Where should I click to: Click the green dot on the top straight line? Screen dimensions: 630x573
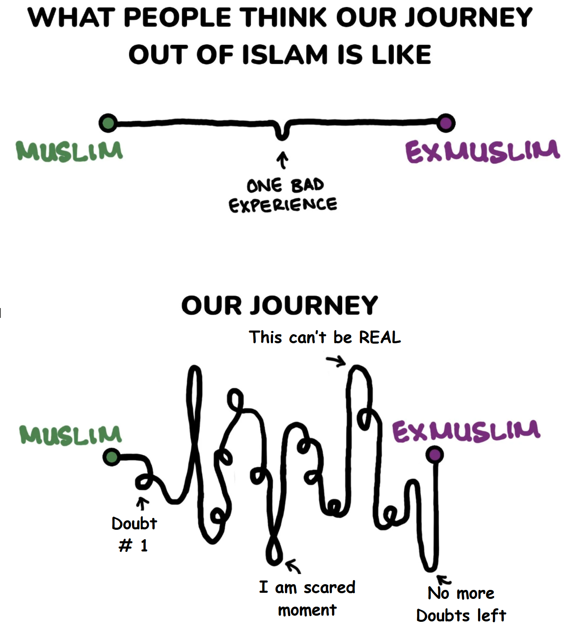tap(108, 123)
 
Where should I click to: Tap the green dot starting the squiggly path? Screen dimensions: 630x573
tap(111, 457)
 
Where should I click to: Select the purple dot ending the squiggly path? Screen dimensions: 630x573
tap(435, 454)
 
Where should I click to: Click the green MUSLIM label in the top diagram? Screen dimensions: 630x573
tap(69, 151)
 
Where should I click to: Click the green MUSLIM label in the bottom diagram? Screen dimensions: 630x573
tap(70, 435)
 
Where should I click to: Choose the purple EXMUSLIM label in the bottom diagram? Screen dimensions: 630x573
tap(466, 431)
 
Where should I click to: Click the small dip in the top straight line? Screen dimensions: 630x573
tap(282, 133)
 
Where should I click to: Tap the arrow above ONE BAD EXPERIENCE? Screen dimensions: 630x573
tap(282, 160)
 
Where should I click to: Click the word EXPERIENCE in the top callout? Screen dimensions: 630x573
tap(283, 205)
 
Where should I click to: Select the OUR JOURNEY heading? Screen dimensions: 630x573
tap(280, 306)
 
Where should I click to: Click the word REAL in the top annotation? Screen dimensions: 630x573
tap(380, 337)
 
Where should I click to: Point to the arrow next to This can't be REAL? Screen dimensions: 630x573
tap(336, 361)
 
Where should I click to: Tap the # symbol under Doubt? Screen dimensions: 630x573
tap(126, 545)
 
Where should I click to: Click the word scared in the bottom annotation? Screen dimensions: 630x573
tap(329, 587)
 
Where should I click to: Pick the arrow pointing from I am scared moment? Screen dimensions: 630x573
tap(293, 566)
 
